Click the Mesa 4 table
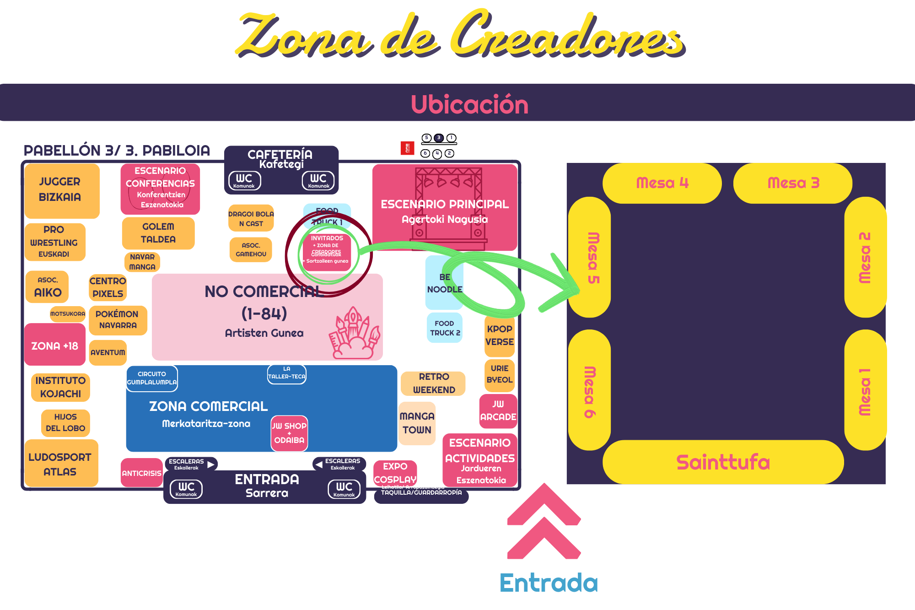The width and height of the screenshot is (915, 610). pos(662,183)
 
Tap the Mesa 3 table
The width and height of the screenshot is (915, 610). pos(793,183)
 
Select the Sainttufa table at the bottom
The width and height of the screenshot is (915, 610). pos(723,462)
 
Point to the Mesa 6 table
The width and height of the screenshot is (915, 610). pos(589,390)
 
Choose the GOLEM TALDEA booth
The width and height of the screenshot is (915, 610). pos(158,233)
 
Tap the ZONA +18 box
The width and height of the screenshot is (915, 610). pos(55,345)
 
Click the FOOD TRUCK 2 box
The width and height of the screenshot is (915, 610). pos(444,328)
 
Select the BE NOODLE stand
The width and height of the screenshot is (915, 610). pos(444,283)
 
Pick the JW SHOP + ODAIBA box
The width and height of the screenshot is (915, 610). pos(289,433)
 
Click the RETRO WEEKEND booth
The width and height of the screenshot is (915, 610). pos(433,383)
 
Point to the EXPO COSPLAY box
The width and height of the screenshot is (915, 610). pos(395,473)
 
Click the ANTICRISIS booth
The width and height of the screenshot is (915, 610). pos(141,473)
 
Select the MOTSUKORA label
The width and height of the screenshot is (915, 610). pos(68,314)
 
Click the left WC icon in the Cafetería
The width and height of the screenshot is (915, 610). pos(244,180)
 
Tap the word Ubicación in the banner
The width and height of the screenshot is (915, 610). pos(469,104)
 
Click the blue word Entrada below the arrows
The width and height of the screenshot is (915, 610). pos(549,583)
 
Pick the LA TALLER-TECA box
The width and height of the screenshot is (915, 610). pos(287,373)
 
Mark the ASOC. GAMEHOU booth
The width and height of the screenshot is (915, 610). pos(251,250)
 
